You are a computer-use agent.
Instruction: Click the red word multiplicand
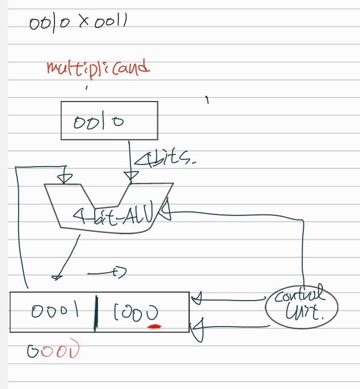tap(98, 69)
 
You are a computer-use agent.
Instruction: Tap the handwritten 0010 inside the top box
tap(98, 121)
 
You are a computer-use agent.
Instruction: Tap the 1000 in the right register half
tap(135, 312)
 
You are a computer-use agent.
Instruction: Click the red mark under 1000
tap(154, 326)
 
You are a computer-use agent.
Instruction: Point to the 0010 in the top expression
tap(52, 24)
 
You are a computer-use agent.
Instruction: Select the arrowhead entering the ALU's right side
tap(166, 214)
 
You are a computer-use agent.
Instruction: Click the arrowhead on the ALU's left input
tap(66, 177)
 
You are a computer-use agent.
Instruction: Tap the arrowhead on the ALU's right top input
tap(131, 178)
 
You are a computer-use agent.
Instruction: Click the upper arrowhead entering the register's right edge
tap(197, 298)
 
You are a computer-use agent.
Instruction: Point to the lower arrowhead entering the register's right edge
tap(197, 329)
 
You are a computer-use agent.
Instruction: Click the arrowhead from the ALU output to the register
tap(57, 276)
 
